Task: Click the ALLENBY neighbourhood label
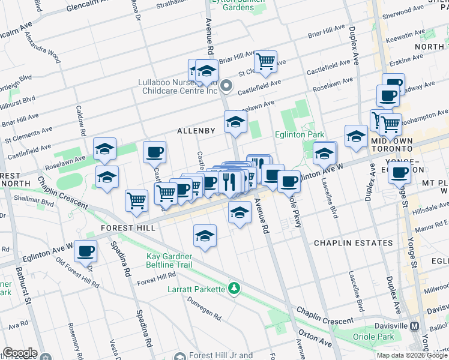click(x=196, y=131)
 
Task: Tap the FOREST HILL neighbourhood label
click(x=128, y=228)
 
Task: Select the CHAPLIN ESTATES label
click(x=354, y=243)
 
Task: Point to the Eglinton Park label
click(x=300, y=134)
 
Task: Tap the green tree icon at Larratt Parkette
click(x=234, y=289)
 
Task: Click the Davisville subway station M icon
click(x=414, y=326)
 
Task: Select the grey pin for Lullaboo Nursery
click(x=226, y=86)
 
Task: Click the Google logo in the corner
click(x=20, y=353)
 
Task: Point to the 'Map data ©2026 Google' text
click(x=412, y=355)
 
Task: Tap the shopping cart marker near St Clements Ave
click(x=265, y=61)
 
